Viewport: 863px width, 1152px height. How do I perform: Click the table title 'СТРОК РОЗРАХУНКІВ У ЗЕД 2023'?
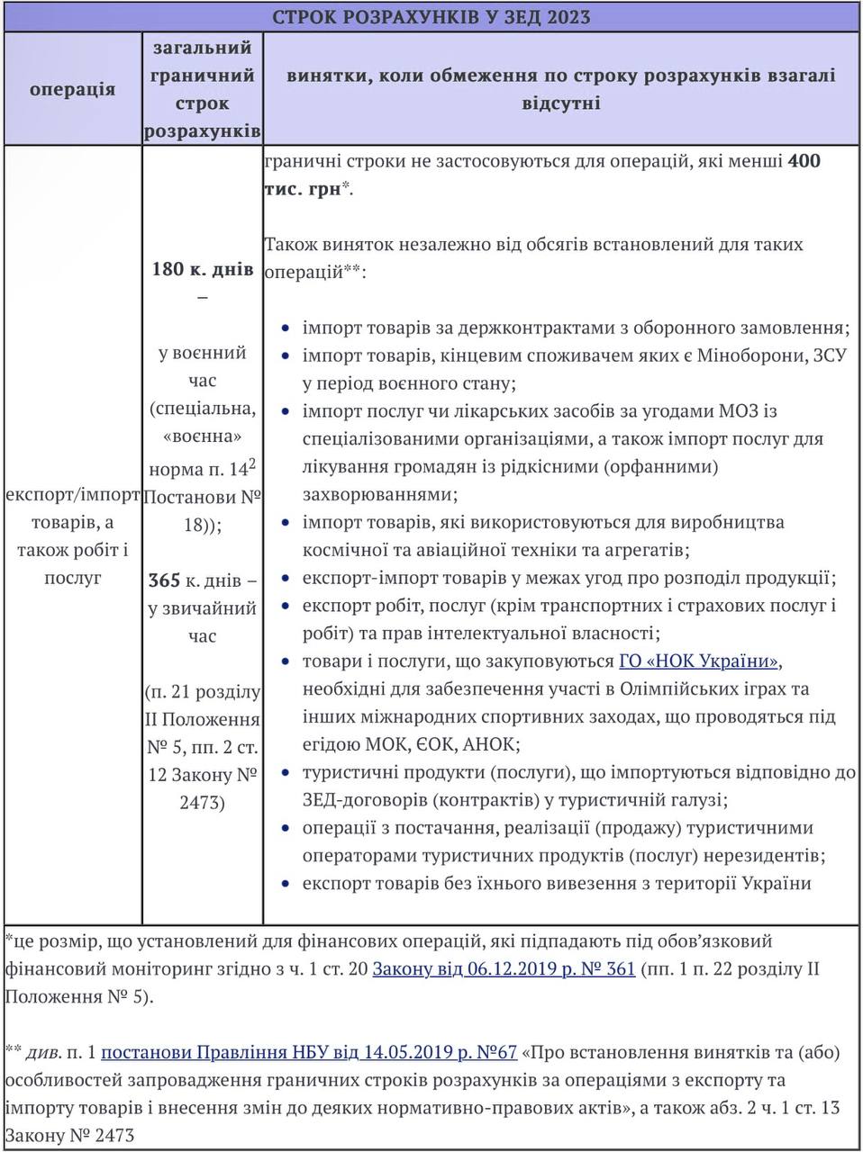coord(431,17)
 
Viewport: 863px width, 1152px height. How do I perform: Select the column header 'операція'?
coord(72,88)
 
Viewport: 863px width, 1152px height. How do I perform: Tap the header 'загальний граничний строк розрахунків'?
coord(203,88)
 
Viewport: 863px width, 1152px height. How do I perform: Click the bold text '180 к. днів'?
coord(203,269)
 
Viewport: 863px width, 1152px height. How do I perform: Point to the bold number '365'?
coord(165,580)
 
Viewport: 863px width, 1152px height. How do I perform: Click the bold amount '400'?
coord(804,162)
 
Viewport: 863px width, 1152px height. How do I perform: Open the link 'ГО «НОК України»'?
coord(699,661)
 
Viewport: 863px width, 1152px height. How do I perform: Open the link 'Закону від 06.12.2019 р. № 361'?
coord(504,969)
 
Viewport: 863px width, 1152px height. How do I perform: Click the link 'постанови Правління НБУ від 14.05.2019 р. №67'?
coord(309,1052)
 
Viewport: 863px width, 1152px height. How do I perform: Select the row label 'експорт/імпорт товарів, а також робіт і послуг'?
coord(72,536)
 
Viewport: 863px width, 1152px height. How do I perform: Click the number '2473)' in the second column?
coord(202,803)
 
